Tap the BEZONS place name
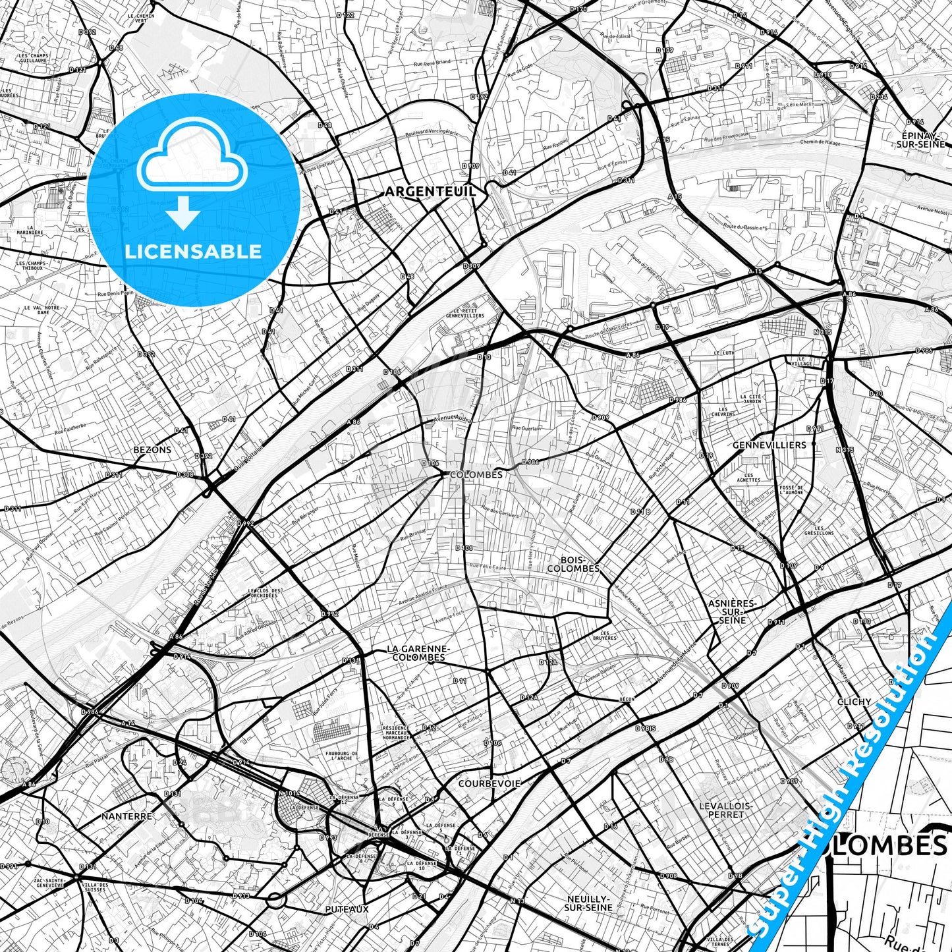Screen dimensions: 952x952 click(152, 450)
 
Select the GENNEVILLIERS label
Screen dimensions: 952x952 click(769, 445)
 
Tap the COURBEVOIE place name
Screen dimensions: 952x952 click(489, 783)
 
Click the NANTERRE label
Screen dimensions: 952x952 click(126, 816)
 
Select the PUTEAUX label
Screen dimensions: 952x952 click(347, 909)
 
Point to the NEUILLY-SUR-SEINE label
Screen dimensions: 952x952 click(588, 903)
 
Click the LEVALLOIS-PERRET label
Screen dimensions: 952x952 click(726, 810)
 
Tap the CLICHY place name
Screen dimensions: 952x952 click(854, 702)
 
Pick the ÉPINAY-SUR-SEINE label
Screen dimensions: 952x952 click(920, 139)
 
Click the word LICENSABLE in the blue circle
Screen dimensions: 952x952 click(193, 251)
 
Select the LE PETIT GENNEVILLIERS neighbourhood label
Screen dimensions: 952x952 click(468, 313)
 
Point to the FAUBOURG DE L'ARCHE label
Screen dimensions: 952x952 click(341, 756)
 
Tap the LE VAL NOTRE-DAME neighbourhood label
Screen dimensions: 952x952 click(43, 310)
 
